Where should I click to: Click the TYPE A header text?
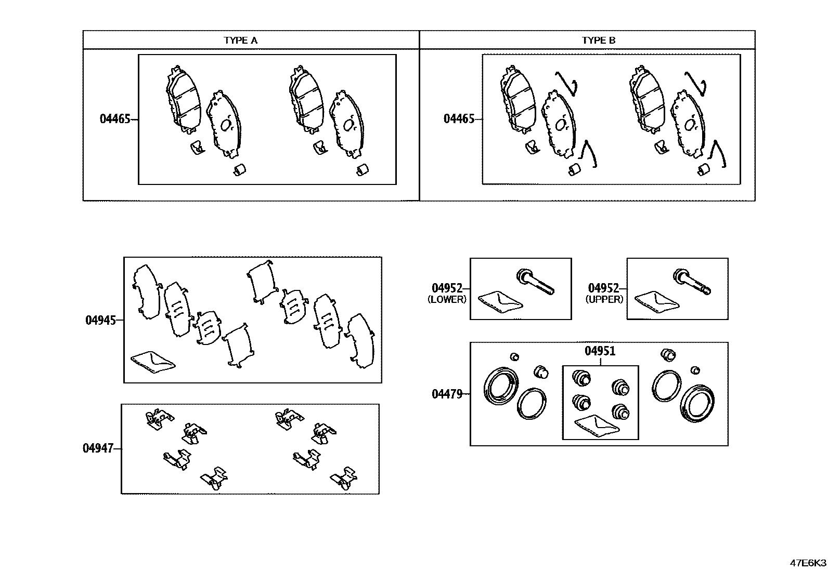point(240,40)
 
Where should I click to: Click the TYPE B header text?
point(599,40)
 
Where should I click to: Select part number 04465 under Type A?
point(115,119)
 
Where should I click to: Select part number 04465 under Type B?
point(459,119)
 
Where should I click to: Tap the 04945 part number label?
point(100,320)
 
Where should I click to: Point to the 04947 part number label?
point(98,448)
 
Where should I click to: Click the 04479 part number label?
point(447,394)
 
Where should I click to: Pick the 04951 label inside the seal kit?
point(600,351)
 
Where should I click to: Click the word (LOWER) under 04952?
point(447,299)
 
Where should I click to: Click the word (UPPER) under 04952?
point(604,299)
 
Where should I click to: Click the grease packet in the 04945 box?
point(152,361)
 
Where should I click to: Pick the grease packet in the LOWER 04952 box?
point(499,302)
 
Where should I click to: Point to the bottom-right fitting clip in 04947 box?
point(344,479)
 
